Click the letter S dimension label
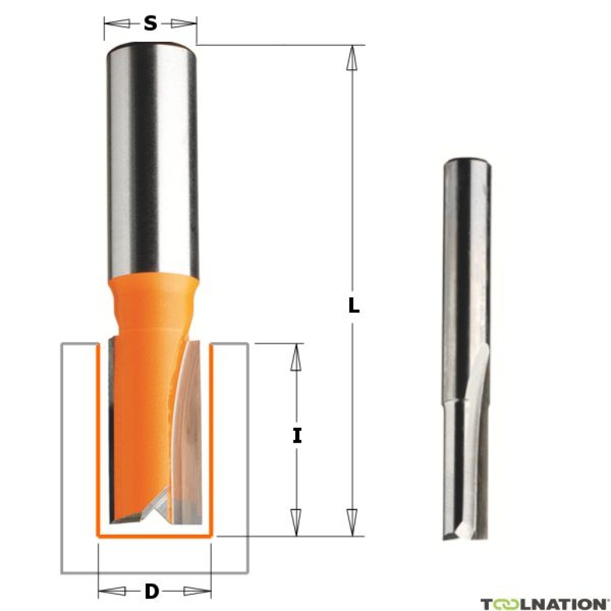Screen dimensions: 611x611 [x=150, y=24]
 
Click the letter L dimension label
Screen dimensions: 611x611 [x=354, y=306]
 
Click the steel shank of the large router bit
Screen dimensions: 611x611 [x=152, y=161]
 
